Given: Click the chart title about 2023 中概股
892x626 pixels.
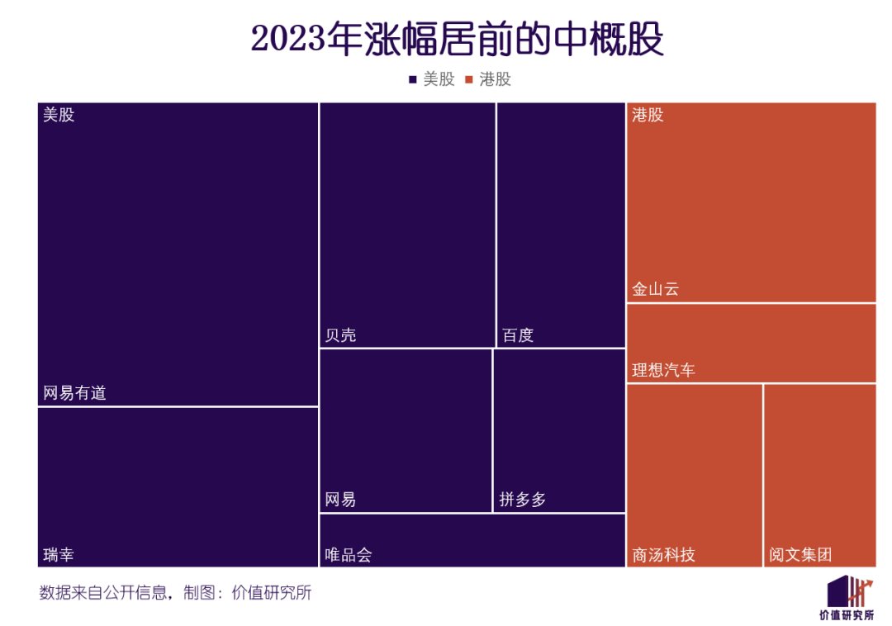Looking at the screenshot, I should [x=457, y=40].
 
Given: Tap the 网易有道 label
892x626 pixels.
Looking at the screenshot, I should [x=75, y=393].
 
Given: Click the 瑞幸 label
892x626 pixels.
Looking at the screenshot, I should [x=59, y=553].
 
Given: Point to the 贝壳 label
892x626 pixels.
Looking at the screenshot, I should [x=341, y=335].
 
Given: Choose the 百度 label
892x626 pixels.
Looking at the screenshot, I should [x=518, y=335].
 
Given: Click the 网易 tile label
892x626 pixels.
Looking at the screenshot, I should [x=341, y=500].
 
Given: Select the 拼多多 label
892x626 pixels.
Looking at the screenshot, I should [x=523, y=500].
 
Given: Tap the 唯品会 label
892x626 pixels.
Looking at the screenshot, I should [x=349, y=554].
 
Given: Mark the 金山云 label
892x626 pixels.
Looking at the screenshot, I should [x=656, y=290].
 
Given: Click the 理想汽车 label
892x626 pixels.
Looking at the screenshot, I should [x=664, y=370].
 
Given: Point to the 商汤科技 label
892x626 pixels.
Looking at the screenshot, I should [x=664, y=554].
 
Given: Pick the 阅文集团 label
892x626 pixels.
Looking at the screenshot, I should [x=800, y=554].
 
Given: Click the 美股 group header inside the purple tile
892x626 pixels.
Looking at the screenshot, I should [x=59, y=115].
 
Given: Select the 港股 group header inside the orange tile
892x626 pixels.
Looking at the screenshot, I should [x=648, y=115].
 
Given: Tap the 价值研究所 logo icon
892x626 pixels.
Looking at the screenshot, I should [x=850, y=590].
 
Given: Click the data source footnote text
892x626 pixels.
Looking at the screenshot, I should [x=175, y=593].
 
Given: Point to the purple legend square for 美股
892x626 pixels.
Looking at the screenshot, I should [x=413, y=80].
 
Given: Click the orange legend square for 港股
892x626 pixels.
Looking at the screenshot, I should [x=469, y=80].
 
